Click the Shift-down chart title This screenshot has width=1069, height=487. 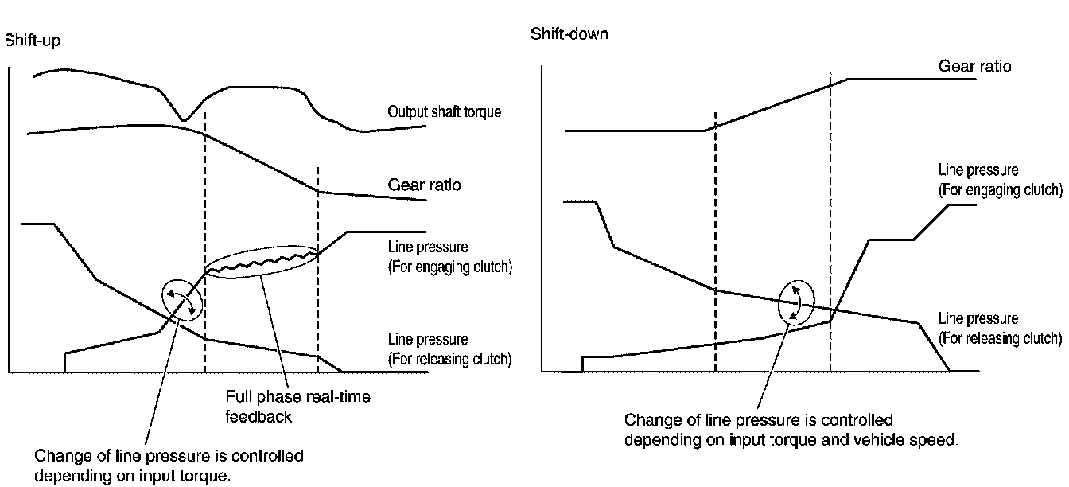569,35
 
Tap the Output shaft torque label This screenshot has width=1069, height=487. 444,112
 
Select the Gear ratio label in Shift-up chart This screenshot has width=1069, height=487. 424,185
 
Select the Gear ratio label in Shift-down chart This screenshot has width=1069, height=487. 974,66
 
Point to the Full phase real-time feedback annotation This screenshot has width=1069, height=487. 297,406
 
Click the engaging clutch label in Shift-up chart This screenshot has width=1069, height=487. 449,257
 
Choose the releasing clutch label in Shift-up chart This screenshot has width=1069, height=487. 449,349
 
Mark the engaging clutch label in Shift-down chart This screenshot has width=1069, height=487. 1000,181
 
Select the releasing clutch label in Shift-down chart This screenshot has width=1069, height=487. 1000,329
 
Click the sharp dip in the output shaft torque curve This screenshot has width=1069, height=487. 184,119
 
